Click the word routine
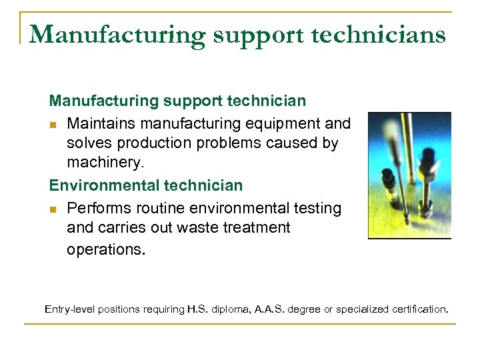[x=155, y=208]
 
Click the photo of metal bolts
[x=409, y=175]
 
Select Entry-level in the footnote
[x=70, y=309]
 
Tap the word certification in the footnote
[x=419, y=309]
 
